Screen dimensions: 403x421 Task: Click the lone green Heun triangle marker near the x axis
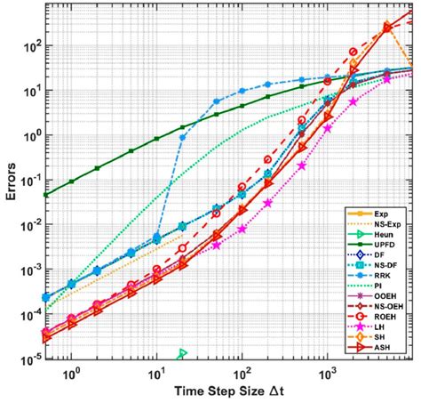tap(182, 354)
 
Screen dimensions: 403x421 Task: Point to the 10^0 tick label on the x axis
tap(72, 371)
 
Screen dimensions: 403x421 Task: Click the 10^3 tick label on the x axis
tap(327, 371)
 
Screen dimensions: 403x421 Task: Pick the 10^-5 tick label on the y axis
tap(27, 359)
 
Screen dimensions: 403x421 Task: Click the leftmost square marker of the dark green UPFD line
tap(46, 195)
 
